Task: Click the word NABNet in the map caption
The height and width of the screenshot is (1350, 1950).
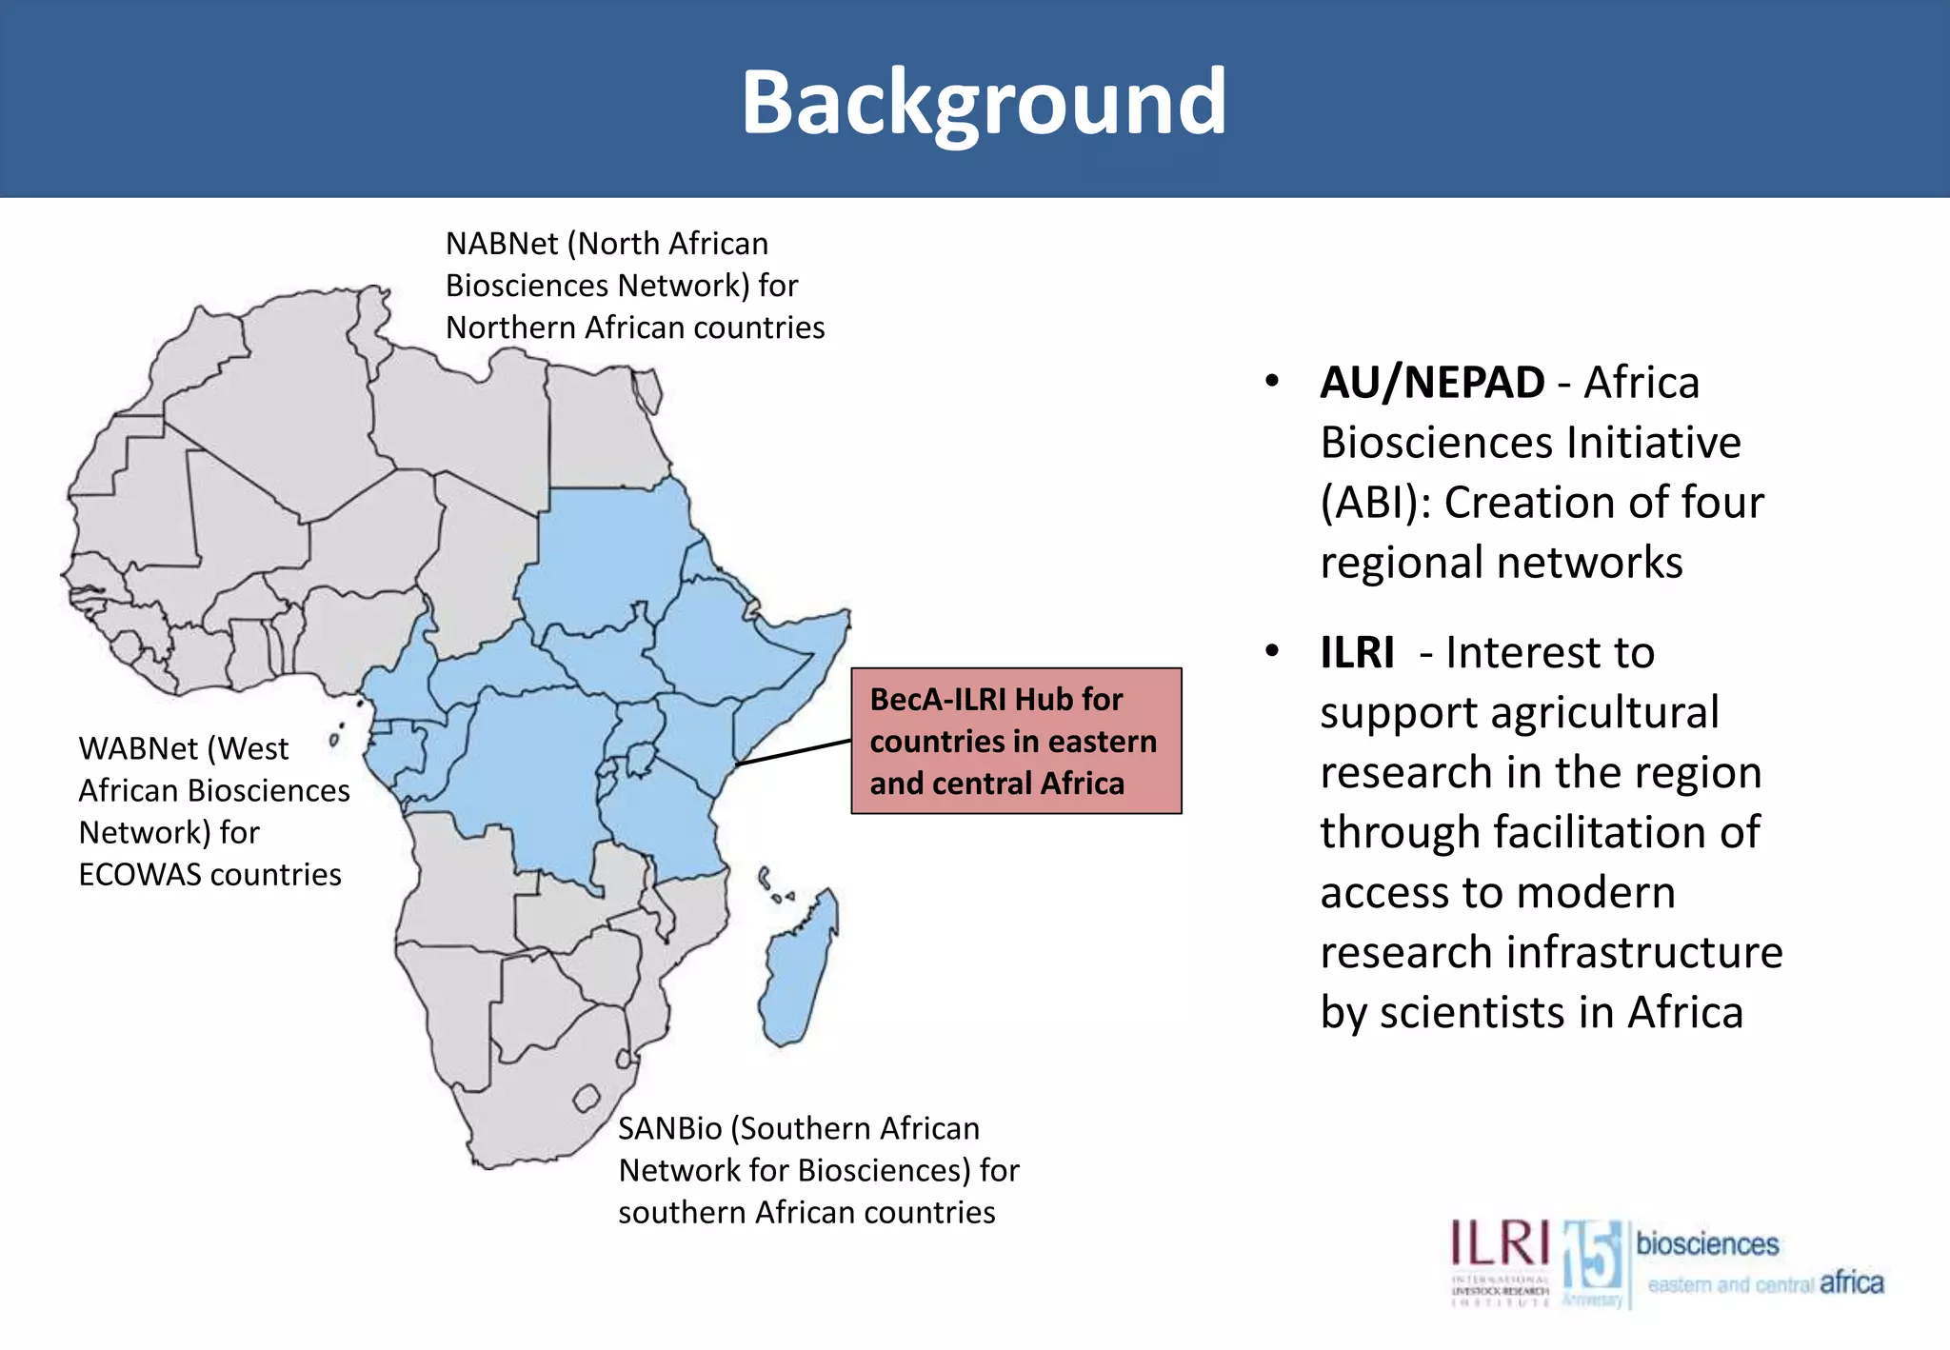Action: (x=502, y=244)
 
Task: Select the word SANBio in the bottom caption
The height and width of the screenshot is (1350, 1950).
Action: (x=670, y=1128)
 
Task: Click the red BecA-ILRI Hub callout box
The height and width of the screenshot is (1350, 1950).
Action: (x=1015, y=741)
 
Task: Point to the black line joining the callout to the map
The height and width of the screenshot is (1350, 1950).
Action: (x=793, y=752)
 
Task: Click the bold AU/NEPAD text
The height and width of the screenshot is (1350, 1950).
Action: (x=1432, y=383)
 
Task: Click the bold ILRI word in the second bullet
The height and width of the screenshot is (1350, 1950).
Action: (x=1357, y=653)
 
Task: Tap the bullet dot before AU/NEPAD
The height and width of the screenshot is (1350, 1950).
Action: (x=1272, y=382)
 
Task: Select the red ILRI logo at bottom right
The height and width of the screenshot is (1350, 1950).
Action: (x=1500, y=1245)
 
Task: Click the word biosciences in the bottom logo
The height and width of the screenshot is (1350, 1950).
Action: (x=1707, y=1243)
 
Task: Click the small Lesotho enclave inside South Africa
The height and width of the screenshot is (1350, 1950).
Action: (x=587, y=1099)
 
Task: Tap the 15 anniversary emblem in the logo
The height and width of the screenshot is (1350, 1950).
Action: (x=1593, y=1259)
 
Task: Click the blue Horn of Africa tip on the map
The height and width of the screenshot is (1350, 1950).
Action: (x=838, y=619)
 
